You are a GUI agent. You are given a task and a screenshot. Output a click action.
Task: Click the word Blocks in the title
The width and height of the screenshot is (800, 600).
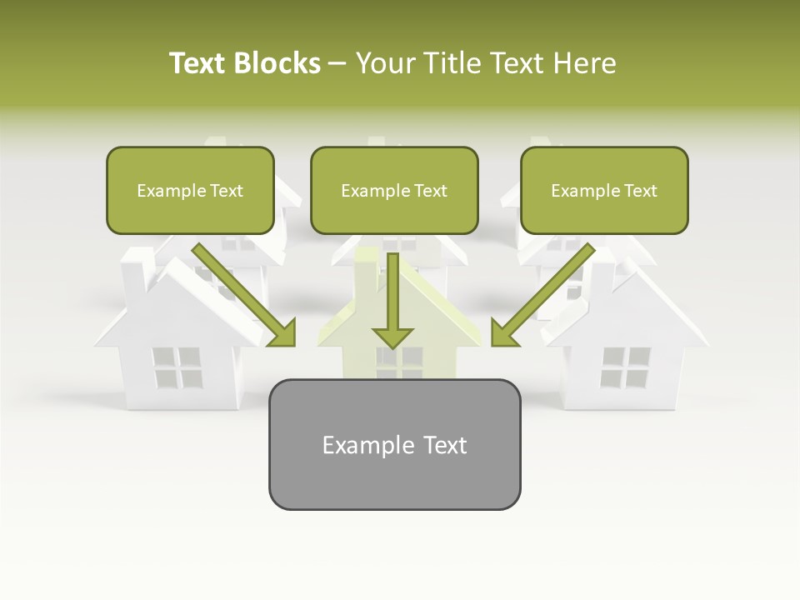pos(276,63)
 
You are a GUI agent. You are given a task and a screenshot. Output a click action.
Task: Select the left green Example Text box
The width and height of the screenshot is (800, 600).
pos(190,191)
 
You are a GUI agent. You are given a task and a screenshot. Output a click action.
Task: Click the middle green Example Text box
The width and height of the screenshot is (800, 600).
pos(394,191)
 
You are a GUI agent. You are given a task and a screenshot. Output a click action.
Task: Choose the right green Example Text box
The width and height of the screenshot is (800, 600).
pos(604,191)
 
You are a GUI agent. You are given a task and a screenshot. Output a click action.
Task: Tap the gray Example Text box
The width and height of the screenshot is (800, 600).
pos(394,444)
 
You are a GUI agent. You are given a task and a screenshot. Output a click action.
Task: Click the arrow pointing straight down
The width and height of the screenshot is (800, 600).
pos(392,300)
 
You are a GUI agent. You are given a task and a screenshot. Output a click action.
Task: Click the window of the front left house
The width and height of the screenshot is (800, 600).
pos(177,368)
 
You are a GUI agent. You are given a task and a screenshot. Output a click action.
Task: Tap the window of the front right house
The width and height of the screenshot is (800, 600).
pos(625,368)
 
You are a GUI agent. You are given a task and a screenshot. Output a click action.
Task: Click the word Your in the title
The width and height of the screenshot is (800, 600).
pos(387,63)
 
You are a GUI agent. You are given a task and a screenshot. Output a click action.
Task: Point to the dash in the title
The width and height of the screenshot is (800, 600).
pos(337,64)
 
